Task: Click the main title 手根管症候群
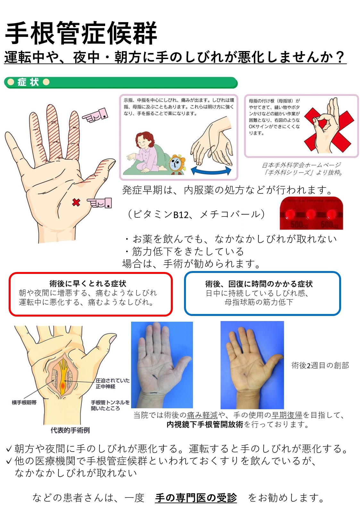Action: coord(81,33)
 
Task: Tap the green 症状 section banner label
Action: coord(28,82)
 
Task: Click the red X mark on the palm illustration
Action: coord(76,202)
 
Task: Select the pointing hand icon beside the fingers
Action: coord(96,115)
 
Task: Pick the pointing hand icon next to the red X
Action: coord(100,203)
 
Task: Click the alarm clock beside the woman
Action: coord(177,164)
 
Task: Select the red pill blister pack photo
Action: coord(311,213)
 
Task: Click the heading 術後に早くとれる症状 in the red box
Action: coord(88,284)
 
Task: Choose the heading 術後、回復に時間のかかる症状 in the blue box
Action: coord(259,284)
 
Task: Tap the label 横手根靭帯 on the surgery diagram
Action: coord(24,402)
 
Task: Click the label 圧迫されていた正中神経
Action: coord(113,383)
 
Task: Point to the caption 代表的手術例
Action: coord(70,430)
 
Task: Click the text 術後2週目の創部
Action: coord(320,365)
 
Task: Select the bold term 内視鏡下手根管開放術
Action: coord(205,425)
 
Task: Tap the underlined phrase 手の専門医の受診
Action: coord(196,497)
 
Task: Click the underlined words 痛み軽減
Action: coord(202,415)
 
